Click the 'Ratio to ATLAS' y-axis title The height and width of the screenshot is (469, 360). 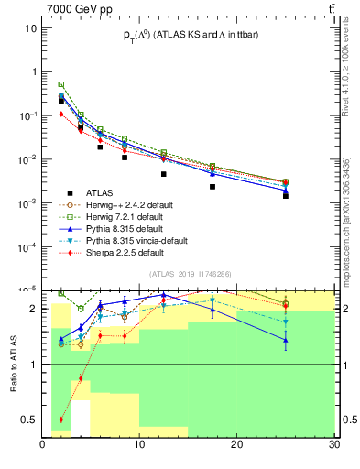coord(14,365)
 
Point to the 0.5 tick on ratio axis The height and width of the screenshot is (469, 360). coord(28,420)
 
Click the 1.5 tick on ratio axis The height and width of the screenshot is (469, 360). coord(28,336)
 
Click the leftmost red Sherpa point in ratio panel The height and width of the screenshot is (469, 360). coord(61,420)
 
